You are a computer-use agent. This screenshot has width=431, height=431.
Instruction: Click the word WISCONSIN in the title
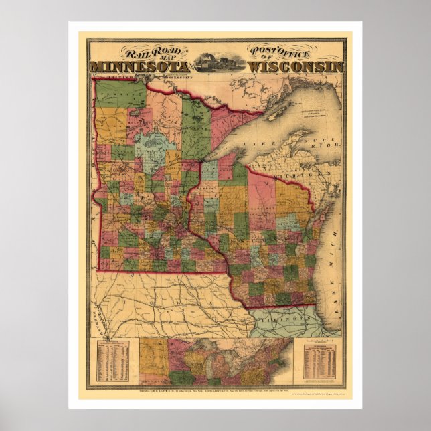pos(295,67)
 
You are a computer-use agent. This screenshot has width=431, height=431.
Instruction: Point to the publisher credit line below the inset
pos(215,390)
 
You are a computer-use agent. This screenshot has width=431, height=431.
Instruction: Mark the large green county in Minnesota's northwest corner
pos(112,94)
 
